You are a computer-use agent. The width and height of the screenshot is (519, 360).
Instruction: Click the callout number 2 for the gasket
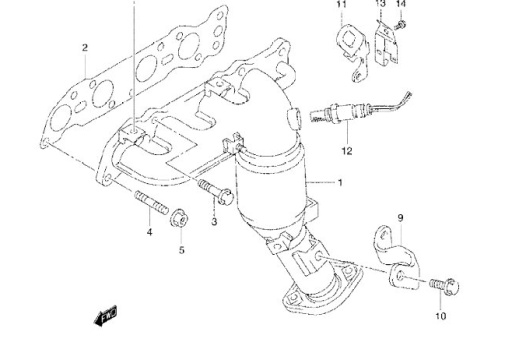click(x=85, y=48)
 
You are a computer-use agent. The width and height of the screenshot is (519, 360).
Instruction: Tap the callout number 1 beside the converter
click(x=340, y=183)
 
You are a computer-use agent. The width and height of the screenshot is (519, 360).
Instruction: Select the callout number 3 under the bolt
click(x=214, y=221)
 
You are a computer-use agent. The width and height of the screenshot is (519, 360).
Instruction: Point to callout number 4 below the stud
click(x=150, y=232)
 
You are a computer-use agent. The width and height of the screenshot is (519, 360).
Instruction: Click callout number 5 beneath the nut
click(x=182, y=250)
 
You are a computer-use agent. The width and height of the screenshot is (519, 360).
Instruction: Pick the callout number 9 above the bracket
click(x=400, y=218)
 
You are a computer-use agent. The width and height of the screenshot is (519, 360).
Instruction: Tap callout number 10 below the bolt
click(x=441, y=316)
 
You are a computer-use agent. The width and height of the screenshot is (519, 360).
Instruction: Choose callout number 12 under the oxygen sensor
click(x=347, y=151)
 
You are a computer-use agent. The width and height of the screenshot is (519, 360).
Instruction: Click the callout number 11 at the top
click(x=341, y=4)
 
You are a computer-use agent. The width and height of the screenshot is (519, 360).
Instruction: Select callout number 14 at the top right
click(x=401, y=4)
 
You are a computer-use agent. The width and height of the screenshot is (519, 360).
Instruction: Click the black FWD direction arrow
click(x=105, y=316)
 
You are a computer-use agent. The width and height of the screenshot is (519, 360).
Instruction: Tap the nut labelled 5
click(x=178, y=218)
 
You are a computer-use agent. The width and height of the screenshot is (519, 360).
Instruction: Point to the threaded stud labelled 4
click(x=152, y=202)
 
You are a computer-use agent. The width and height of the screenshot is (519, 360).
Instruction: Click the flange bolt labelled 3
click(x=216, y=191)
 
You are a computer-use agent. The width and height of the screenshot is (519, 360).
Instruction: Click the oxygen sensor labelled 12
click(x=360, y=109)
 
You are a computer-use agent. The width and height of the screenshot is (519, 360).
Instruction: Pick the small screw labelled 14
click(x=400, y=25)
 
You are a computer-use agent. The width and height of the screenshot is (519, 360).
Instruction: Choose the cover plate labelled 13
click(x=386, y=42)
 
